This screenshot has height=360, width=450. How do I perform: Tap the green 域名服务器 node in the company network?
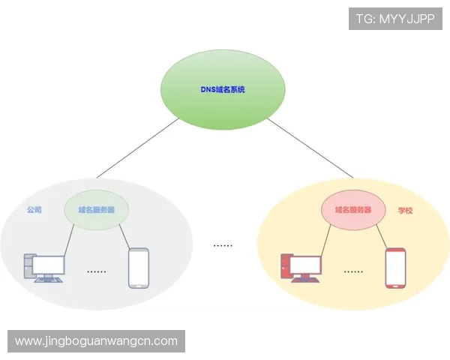click(x=97, y=210)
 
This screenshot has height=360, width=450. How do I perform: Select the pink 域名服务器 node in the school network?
click(x=347, y=210)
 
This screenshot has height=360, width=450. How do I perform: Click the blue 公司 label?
click(x=34, y=211)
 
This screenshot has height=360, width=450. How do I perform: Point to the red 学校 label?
click(x=406, y=211)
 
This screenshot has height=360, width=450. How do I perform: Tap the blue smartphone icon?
click(x=138, y=268)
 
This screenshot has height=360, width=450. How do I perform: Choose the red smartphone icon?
click(x=395, y=268)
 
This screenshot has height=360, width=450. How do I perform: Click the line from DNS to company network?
click(x=127, y=154)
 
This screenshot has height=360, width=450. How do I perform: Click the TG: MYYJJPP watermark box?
click(x=395, y=19)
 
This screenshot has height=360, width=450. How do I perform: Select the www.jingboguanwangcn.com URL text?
click(x=96, y=341)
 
